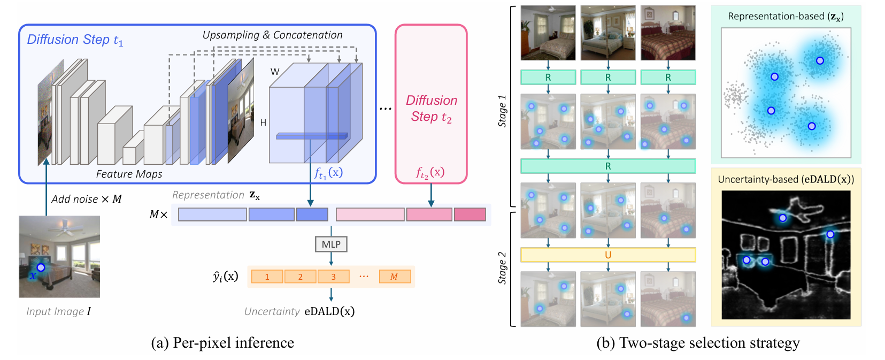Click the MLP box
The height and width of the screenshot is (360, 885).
[331, 244]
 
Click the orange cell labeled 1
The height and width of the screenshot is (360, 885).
[267, 277]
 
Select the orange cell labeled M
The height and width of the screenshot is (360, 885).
[395, 277]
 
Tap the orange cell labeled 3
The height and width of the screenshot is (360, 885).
[333, 277]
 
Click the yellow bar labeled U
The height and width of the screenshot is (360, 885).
[608, 255]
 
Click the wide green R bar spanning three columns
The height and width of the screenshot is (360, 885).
[608, 166]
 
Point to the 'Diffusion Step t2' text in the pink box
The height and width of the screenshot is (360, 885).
[432, 109]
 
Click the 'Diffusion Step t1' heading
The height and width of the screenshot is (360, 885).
[75, 40]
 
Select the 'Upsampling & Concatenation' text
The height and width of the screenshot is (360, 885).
[272, 35]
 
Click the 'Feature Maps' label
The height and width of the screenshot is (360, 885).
[129, 174]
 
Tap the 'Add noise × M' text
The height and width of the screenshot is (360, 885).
[87, 200]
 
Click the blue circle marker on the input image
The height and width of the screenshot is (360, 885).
[41, 267]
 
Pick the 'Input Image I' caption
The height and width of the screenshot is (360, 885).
[58, 311]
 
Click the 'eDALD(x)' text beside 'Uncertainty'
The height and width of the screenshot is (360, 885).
[329, 311]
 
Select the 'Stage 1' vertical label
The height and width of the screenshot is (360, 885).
[502, 111]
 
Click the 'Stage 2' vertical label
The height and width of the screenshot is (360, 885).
[502, 267]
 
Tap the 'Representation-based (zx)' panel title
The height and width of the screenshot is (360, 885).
[786, 17]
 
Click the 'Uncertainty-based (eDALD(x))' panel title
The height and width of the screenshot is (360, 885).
[786, 180]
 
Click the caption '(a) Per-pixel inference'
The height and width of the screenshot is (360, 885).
[222, 343]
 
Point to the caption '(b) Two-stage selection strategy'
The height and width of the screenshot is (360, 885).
[698, 343]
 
